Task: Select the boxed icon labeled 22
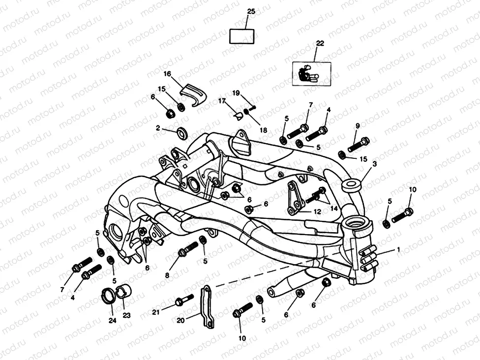(311, 73)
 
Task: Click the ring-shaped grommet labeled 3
(351, 186)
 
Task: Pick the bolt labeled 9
(359, 145)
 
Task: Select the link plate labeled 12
(295, 198)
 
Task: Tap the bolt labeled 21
(184, 300)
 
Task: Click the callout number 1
(398, 250)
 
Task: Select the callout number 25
(251, 11)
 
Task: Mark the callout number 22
(320, 43)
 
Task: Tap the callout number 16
(167, 74)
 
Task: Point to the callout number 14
(334, 208)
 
